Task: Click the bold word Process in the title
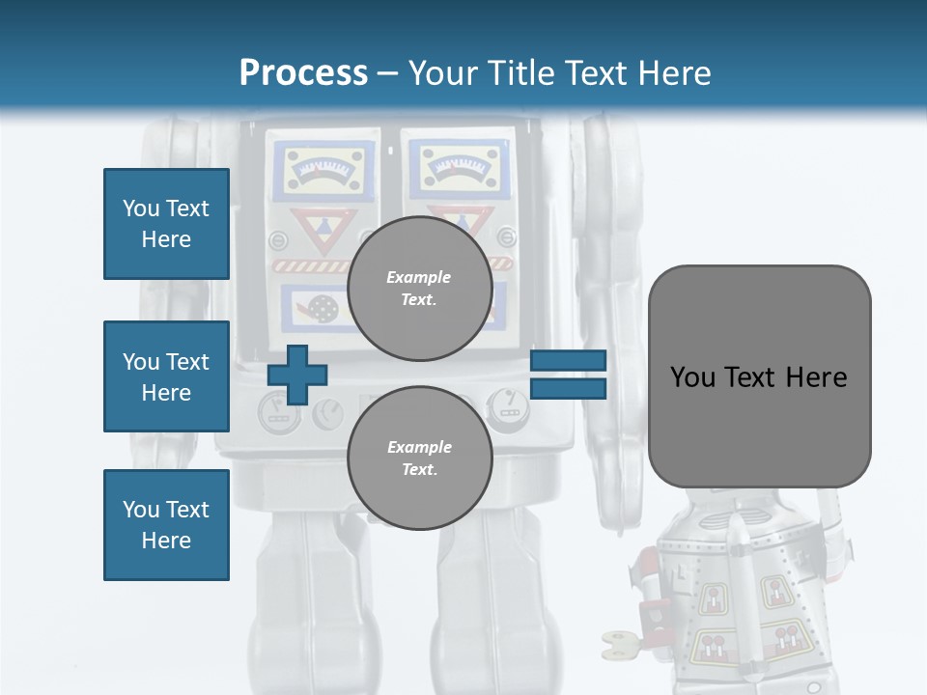(303, 72)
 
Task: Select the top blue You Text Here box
(166, 224)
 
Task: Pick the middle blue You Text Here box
(166, 376)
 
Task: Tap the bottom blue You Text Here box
(166, 525)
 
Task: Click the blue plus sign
(297, 375)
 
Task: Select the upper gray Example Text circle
(419, 288)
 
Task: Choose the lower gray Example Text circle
(419, 458)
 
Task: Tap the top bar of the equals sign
(568, 361)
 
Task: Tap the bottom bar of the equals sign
(568, 388)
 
